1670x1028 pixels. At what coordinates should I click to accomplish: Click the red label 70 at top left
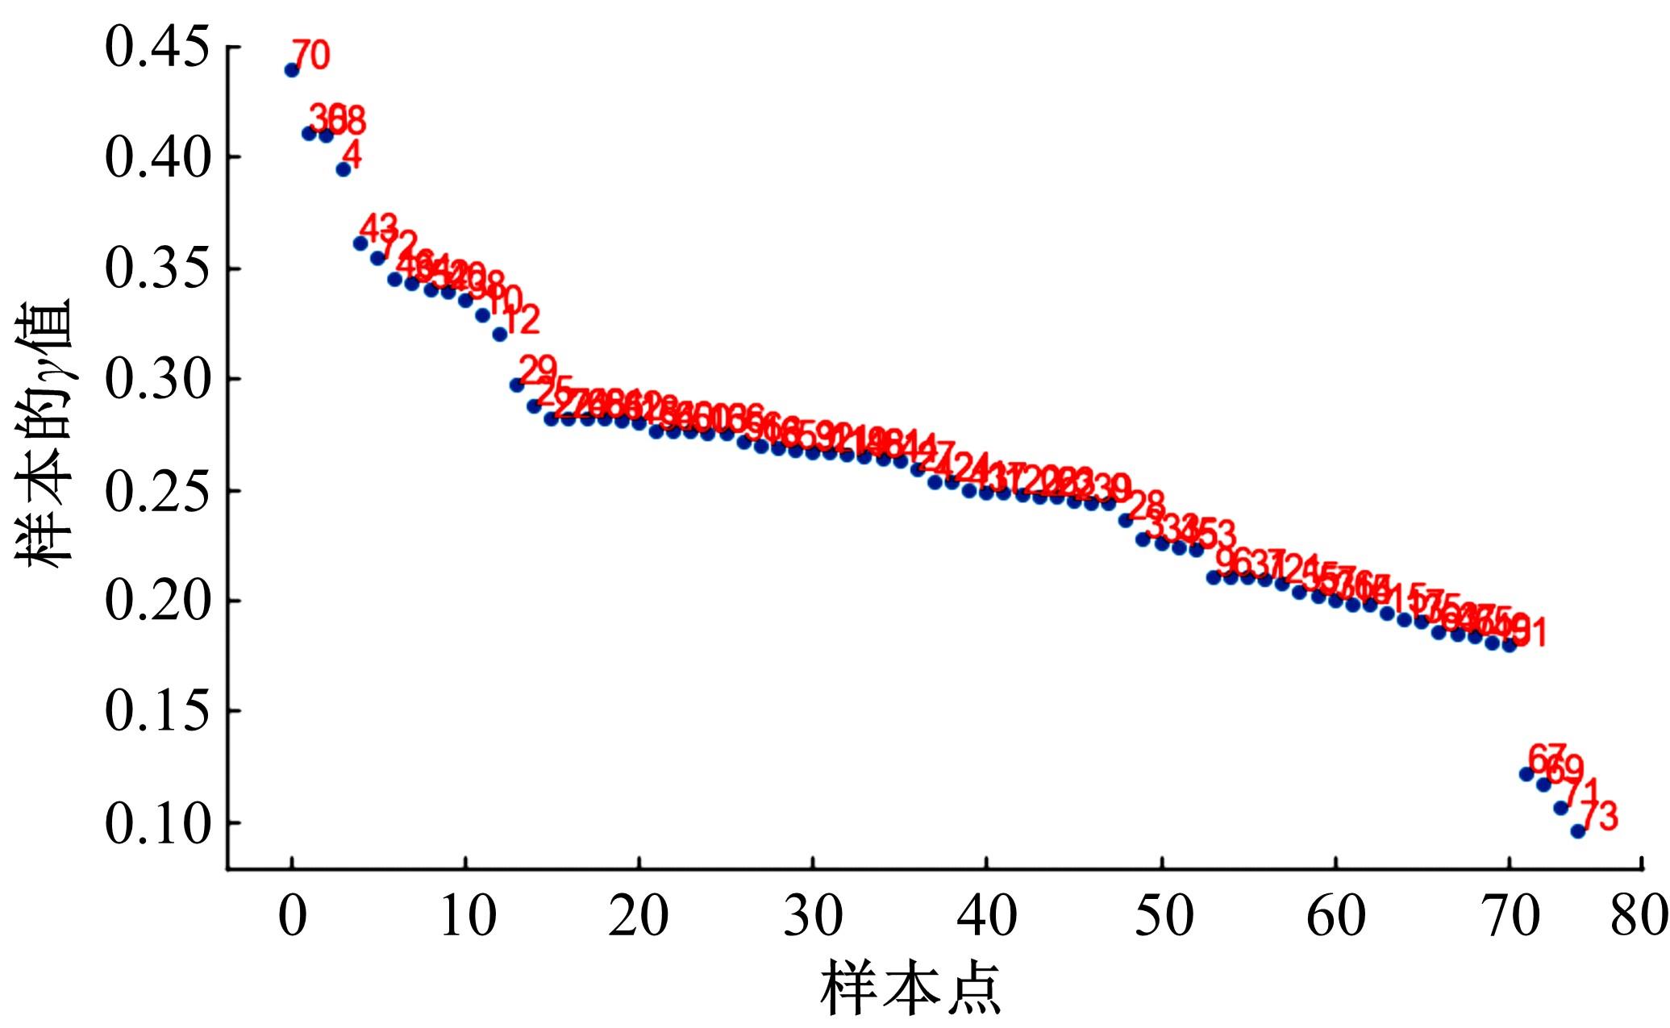[310, 55]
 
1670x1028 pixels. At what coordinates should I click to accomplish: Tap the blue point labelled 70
[292, 70]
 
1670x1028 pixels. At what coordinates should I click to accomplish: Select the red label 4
[352, 154]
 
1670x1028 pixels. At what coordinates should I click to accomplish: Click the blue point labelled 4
[343, 169]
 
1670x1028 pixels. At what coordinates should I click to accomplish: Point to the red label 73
[1599, 816]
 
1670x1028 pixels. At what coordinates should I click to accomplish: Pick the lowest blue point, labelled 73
[1578, 831]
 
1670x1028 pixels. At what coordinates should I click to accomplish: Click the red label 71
[1581, 793]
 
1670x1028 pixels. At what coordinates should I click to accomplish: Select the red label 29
[538, 370]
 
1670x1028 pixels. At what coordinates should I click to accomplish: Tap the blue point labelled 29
[517, 385]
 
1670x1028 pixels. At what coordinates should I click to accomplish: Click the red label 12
[520, 320]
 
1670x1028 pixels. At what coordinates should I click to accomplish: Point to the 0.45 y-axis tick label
[157, 48]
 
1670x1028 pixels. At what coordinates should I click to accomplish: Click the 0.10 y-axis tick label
[157, 823]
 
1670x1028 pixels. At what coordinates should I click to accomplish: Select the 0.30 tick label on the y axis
[157, 380]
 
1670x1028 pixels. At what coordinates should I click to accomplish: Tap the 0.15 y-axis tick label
[157, 712]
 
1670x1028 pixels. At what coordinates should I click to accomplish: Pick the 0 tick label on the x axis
[292, 915]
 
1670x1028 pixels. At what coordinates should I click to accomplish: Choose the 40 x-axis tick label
[986, 915]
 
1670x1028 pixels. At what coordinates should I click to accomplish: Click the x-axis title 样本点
[911, 988]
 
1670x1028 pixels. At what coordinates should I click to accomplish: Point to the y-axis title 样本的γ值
[44, 435]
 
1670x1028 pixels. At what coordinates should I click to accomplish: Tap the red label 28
[1146, 506]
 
